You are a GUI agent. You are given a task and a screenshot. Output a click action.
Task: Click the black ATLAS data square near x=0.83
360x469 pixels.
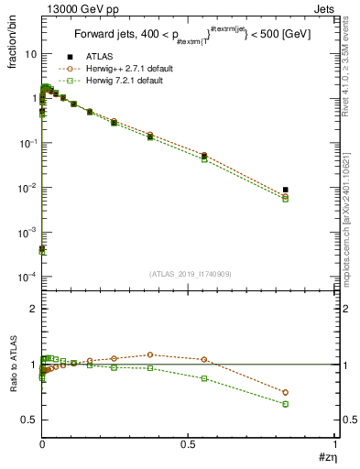pyautogui.click(x=286, y=190)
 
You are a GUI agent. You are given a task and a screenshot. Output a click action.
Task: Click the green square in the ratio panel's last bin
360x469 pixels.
pyautogui.click(x=286, y=404)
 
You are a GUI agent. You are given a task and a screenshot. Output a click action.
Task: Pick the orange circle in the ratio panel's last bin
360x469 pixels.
pyautogui.click(x=286, y=392)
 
